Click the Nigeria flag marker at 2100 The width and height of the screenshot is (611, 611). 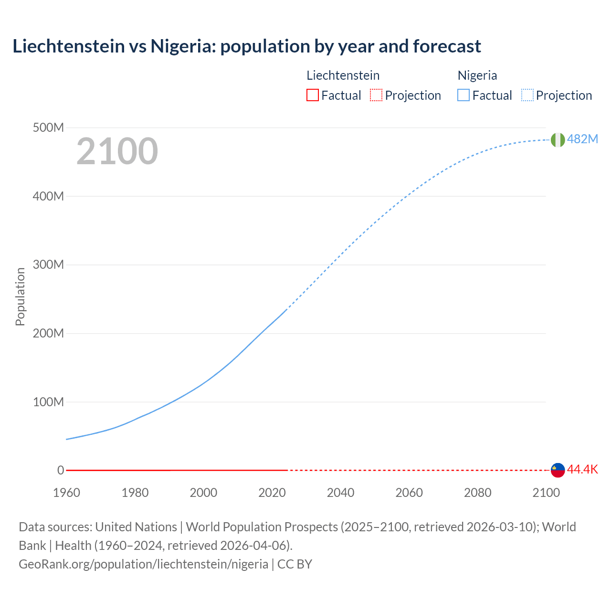(558, 140)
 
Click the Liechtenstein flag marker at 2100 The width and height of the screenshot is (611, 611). (558, 470)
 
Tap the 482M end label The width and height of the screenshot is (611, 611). (582, 139)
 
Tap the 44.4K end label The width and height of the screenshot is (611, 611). (582, 470)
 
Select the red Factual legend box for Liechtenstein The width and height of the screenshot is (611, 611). (312, 95)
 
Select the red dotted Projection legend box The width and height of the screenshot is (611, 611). (376, 95)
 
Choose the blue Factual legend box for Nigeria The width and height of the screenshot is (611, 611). (464, 95)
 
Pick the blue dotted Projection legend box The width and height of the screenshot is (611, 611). (527, 95)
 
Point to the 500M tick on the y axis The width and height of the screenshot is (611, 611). (48, 128)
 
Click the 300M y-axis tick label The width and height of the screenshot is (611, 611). (48, 265)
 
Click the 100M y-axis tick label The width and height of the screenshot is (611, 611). (48, 402)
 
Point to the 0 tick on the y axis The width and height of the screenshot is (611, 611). (61, 470)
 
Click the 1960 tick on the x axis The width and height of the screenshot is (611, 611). (66, 493)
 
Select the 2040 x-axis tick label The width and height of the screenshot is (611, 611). (340, 493)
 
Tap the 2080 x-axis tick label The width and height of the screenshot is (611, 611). (477, 493)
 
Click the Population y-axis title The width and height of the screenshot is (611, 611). (20, 296)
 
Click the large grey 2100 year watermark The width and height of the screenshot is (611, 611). (117, 151)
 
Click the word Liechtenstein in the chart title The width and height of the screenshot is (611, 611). (68, 46)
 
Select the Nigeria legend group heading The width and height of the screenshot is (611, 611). (477, 75)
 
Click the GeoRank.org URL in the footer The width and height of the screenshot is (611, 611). (143, 564)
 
